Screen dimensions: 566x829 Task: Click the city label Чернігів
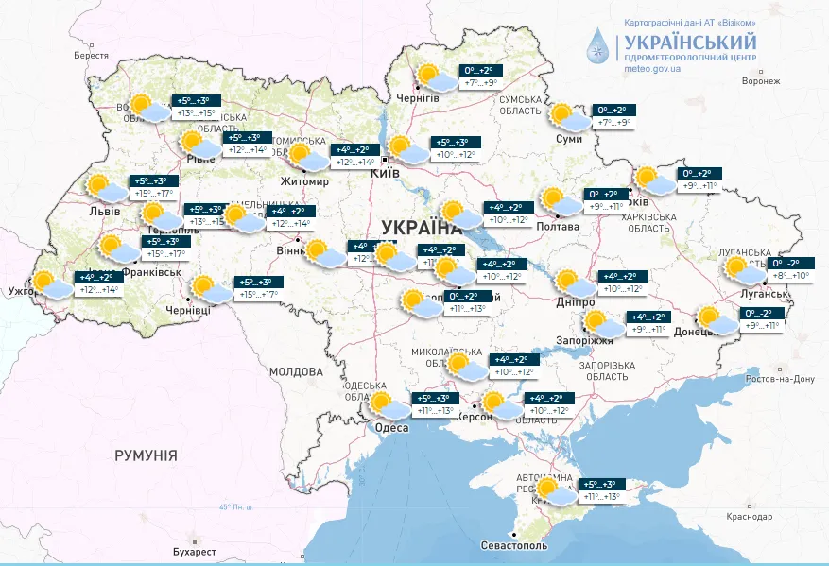(418, 98)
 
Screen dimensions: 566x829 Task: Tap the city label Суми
(569, 139)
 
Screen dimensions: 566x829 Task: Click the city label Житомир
(304, 181)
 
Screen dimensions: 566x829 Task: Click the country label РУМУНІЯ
(146, 455)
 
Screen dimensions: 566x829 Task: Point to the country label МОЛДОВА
(296, 371)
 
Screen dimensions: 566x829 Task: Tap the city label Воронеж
(761, 81)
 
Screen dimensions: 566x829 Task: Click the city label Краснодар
(749, 516)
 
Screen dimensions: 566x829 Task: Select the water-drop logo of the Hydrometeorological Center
(598, 45)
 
